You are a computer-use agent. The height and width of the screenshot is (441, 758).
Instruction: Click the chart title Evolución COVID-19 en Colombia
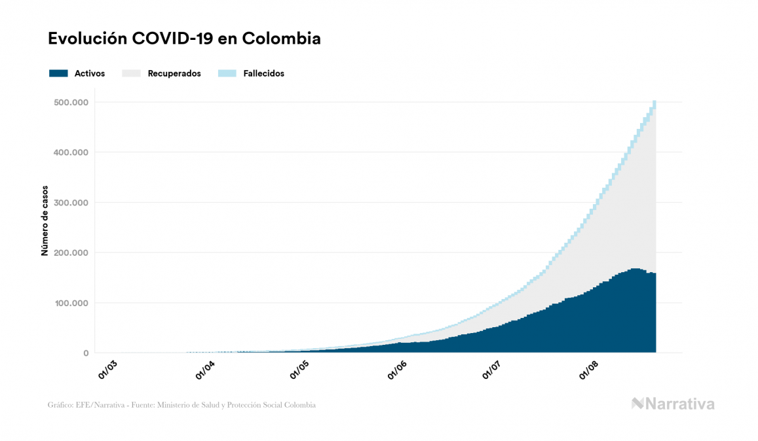(x=184, y=39)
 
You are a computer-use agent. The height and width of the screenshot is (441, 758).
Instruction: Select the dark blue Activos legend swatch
(x=58, y=73)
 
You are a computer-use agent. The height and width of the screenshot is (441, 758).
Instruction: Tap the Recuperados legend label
(x=174, y=73)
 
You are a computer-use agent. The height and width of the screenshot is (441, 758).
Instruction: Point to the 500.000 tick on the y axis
(x=71, y=102)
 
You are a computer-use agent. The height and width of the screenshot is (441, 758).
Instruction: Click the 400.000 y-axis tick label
(x=71, y=152)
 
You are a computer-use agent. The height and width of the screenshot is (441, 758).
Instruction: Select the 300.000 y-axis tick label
(x=71, y=203)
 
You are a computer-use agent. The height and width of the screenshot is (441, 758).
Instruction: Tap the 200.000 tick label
(x=71, y=253)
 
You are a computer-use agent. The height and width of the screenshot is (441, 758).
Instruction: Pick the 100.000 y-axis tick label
(x=71, y=303)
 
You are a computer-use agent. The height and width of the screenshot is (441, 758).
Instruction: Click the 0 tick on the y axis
(x=86, y=353)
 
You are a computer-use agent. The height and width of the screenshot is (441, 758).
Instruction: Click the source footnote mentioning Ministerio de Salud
(x=181, y=405)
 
